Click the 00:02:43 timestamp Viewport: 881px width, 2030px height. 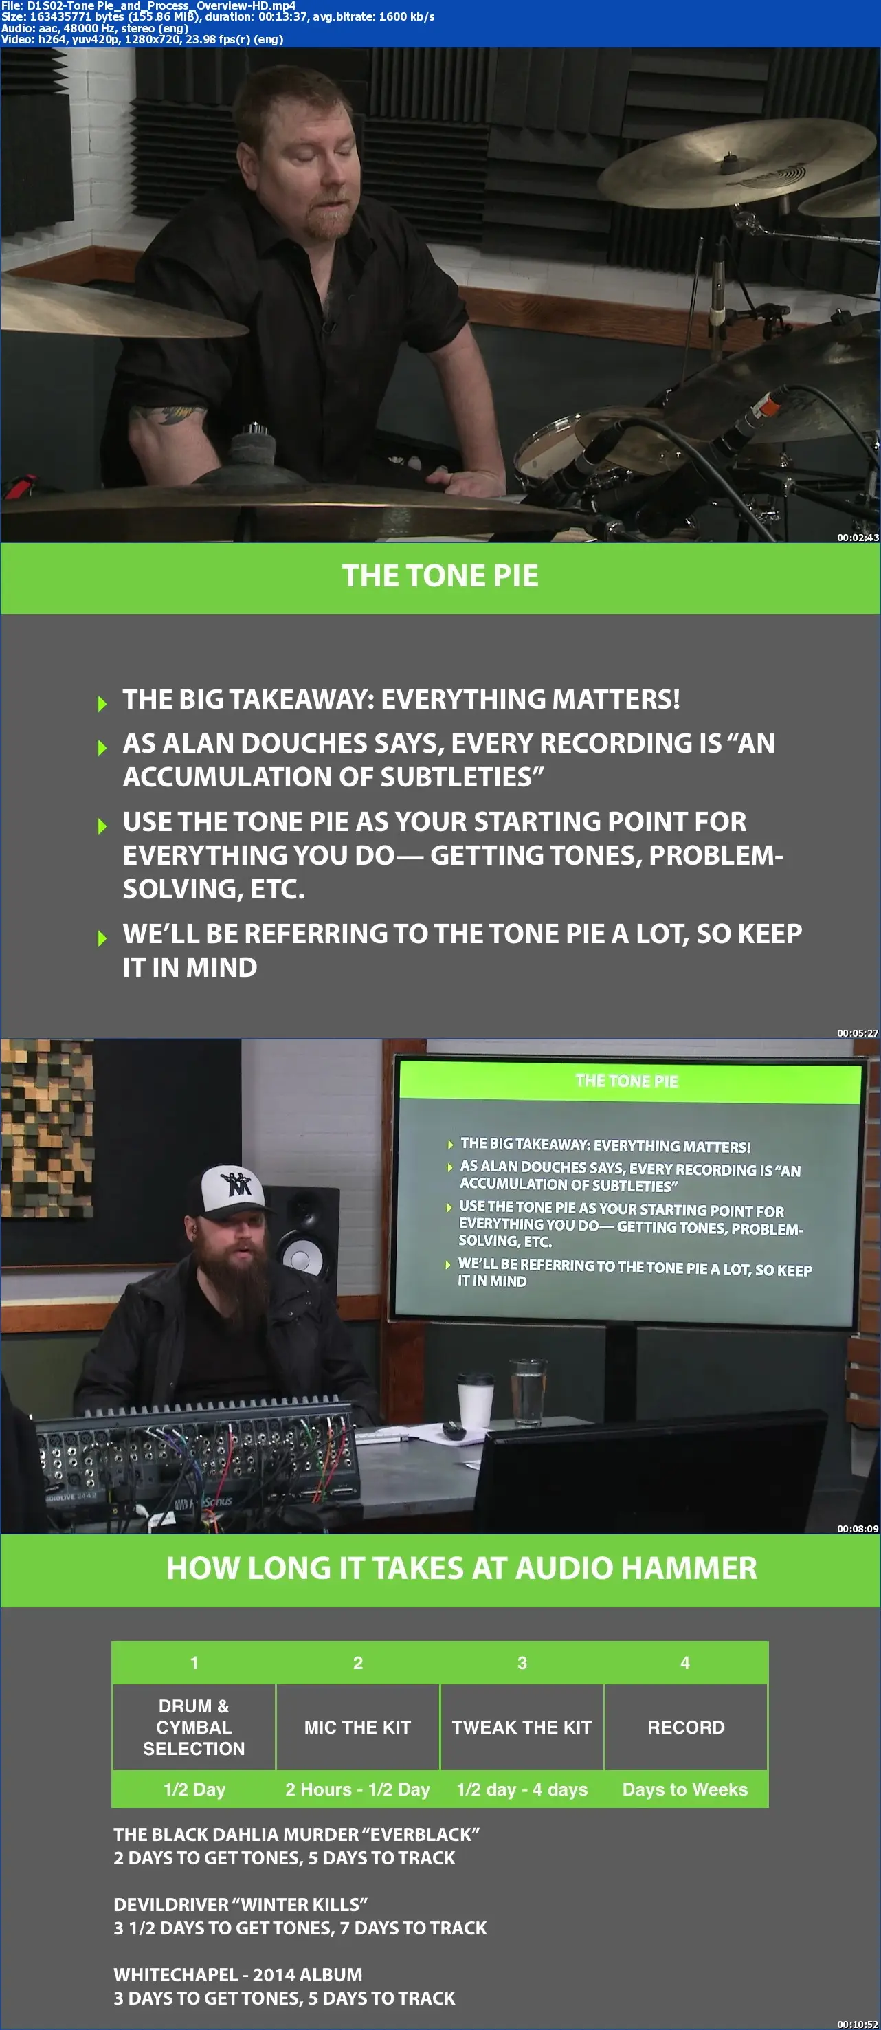858,538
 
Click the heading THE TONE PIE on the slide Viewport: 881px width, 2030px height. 440,576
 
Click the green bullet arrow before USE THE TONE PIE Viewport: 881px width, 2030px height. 102,826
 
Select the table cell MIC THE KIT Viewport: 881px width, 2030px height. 358,1727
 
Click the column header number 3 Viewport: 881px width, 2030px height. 522,1662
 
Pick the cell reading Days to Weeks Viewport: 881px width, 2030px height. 684,1789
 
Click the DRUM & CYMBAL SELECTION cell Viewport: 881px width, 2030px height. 194,1727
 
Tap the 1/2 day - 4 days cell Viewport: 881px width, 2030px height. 522,1789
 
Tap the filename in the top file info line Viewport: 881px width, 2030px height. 161,5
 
